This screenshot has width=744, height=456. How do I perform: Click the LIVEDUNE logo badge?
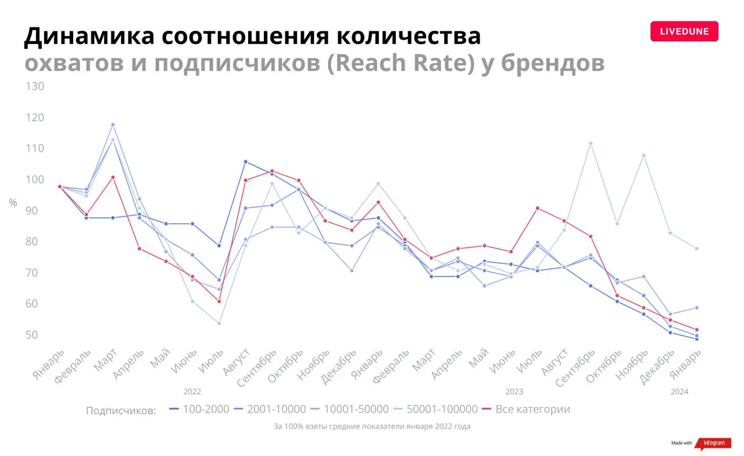(x=684, y=31)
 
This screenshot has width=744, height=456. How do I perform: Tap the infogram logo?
(x=713, y=443)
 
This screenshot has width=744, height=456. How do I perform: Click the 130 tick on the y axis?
(x=35, y=87)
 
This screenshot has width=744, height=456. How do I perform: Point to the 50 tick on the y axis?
(x=31, y=335)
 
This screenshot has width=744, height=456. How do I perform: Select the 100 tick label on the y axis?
(x=35, y=179)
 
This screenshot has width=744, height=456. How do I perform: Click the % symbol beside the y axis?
(x=13, y=203)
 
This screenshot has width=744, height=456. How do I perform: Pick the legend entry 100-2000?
(x=199, y=409)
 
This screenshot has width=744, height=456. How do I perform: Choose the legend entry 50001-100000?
(x=435, y=409)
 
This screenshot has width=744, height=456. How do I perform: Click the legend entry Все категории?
(x=526, y=409)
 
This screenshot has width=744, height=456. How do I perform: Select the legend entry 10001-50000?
(x=349, y=409)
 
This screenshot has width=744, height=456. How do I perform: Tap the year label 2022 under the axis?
(x=192, y=392)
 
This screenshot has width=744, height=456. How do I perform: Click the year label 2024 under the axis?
(x=679, y=392)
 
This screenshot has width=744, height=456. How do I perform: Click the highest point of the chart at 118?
(x=113, y=125)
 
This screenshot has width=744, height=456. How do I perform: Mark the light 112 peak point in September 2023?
(x=591, y=143)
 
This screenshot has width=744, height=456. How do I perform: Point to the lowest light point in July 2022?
(x=219, y=323)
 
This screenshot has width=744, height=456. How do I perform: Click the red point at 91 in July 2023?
(x=538, y=209)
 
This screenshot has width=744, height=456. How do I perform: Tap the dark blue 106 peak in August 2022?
(x=246, y=162)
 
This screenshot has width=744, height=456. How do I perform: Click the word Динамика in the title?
(x=90, y=36)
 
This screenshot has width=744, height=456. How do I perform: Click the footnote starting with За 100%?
(x=372, y=426)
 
